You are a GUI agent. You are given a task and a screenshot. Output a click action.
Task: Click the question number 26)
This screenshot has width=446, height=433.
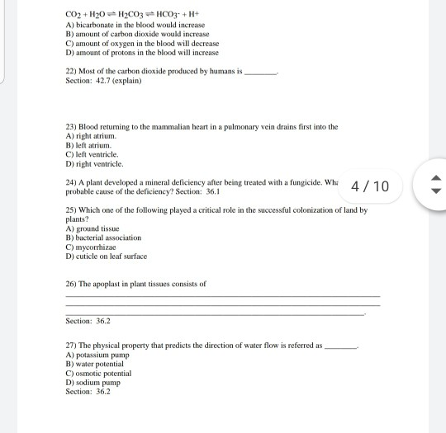(70, 283)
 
